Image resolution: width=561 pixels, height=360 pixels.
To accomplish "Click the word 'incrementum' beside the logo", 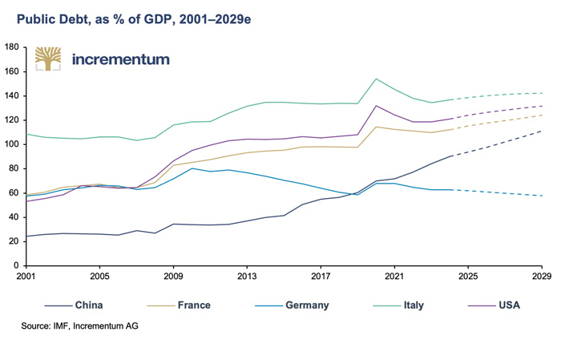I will pyautogui.click(x=120, y=59).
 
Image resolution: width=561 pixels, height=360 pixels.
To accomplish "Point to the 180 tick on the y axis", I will pyautogui.click(x=12, y=47).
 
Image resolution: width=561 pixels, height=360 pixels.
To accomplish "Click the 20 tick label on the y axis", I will pyautogui.click(x=14, y=241).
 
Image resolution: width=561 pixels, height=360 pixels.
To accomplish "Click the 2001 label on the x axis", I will pyautogui.click(x=26, y=277).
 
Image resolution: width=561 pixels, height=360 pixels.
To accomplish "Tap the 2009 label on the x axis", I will pyautogui.click(x=173, y=277).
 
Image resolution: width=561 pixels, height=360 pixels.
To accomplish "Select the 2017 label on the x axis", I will pyautogui.click(x=321, y=277).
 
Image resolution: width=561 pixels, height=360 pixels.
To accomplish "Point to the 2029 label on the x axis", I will pyautogui.click(x=542, y=277).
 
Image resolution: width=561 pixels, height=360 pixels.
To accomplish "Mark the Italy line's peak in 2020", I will pyautogui.click(x=376, y=79).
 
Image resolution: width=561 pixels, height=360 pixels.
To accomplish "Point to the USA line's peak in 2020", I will pyautogui.click(x=376, y=106).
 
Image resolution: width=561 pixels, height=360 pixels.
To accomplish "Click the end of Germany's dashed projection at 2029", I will pyautogui.click(x=542, y=196).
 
